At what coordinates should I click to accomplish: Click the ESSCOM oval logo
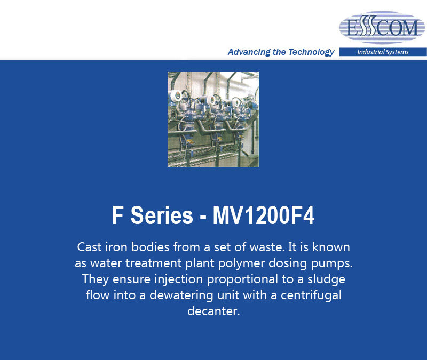[x=382, y=27]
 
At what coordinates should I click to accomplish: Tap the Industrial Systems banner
[x=383, y=52]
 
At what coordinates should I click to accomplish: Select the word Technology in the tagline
[x=311, y=52]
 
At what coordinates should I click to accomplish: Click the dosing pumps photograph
[x=213, y=119]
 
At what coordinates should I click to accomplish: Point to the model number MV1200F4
[x=264, y=215]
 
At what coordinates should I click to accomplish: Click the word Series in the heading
[x=162, y=215]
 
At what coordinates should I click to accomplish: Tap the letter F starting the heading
[x=117, y=215]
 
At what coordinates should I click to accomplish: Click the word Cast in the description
[x=89, y=247]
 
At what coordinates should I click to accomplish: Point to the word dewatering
[x=181, y=295]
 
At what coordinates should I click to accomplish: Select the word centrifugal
[x=311, y=295]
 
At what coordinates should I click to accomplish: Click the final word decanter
[x=213, y=311]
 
